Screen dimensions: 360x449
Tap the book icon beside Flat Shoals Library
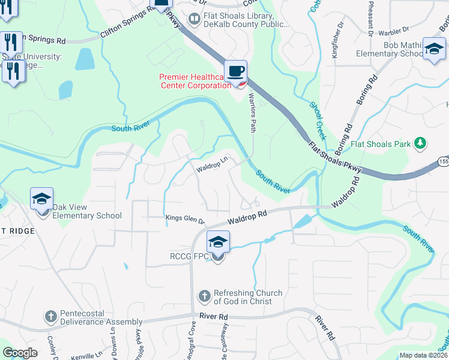point(194,20)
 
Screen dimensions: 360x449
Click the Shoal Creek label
point(318,120)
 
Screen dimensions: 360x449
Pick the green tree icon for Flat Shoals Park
point(421,143)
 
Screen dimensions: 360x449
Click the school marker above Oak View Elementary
point(42,199)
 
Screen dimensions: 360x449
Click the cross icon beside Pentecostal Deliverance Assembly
point(51,316)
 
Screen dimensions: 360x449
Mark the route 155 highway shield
point(443,162)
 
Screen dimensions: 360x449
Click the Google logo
point(20,353)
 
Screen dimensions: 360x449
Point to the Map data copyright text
point(424,355)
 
